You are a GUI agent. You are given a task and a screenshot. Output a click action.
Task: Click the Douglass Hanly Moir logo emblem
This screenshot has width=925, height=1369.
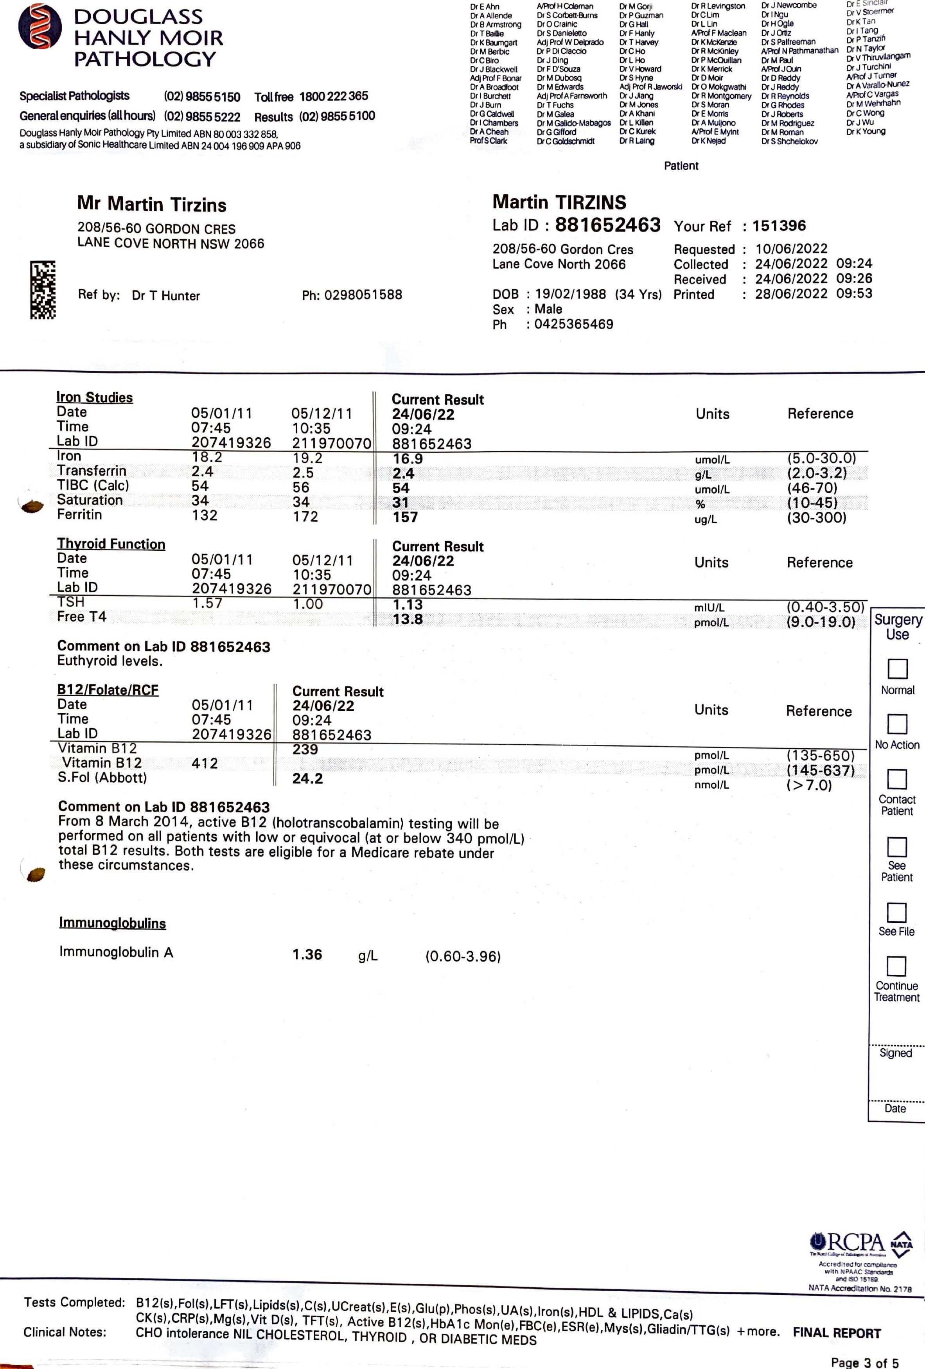[x=40, y=27]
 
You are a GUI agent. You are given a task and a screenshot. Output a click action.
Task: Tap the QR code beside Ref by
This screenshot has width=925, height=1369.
[x=43, y=290]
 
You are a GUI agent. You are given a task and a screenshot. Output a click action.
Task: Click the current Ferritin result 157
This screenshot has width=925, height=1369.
[x=405, y=517]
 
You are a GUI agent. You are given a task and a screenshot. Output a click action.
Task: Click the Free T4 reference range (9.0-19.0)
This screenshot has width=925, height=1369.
[x=821, y=622]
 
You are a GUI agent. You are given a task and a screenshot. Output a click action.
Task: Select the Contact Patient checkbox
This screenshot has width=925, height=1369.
[x=897, y=779]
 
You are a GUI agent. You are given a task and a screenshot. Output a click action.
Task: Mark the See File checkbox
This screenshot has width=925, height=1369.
[x=896, y=913]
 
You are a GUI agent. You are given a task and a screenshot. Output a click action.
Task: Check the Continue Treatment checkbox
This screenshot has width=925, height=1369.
[x=896, y=966]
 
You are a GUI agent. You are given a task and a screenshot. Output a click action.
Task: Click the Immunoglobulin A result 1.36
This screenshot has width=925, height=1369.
[x=307, y=955]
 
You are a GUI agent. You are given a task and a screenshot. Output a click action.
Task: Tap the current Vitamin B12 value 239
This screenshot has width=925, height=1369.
[x=305, y=750]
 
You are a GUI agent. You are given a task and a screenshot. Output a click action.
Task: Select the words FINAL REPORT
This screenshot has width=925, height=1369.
[x=837, y=1333]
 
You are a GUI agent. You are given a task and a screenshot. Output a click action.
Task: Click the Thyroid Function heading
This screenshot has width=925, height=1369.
[x=111, y=544]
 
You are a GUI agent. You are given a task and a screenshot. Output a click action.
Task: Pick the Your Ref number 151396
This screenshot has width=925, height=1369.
[x=779, y=226]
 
